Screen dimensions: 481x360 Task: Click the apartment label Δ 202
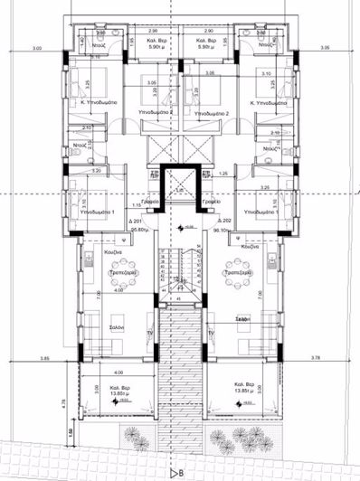click(x=224, y=222)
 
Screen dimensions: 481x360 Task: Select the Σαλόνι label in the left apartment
click(x=118, y=326)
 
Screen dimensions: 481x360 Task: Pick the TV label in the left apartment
click(x=149, y=332)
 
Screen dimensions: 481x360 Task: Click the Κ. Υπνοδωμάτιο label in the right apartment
click(x=265, y=105)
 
